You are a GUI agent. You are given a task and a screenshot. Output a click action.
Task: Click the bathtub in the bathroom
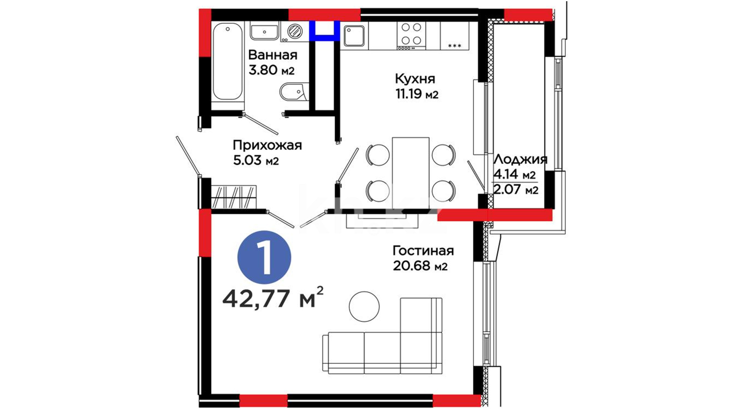point(228,62)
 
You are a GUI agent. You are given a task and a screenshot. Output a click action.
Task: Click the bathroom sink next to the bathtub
point(264,31)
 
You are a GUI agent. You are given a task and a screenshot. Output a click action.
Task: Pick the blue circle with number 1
point(264,258)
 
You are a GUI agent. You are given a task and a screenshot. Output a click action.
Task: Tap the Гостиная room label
point(423,251)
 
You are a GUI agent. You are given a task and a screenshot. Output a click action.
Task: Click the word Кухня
point(415,79)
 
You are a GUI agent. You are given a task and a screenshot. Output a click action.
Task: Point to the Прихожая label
point(267,145)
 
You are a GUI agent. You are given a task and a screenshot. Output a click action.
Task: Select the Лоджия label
point(520,159)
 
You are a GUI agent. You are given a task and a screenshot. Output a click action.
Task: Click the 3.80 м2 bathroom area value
point(272,70)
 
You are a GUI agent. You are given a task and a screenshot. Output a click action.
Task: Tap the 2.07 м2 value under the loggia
point(516,190)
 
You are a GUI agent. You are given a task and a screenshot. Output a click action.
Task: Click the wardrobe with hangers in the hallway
point(234,197)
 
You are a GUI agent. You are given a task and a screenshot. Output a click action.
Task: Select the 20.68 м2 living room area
point(420,266)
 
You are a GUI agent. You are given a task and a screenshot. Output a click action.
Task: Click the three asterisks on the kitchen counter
point(455,46)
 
